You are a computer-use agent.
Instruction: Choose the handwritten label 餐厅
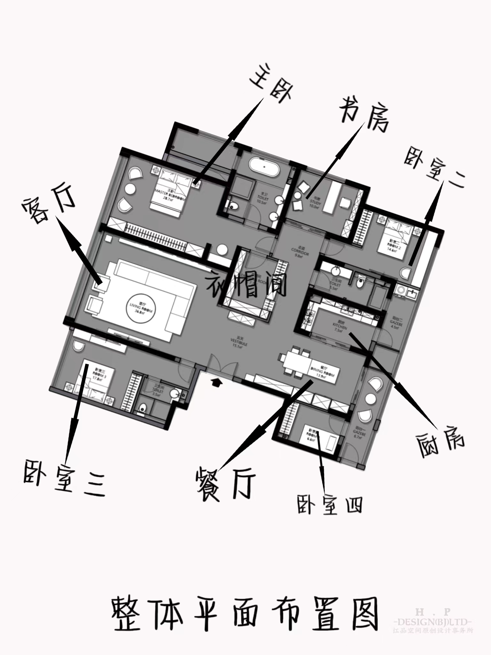pos(226,483)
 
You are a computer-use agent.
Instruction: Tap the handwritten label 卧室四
pos(329,505)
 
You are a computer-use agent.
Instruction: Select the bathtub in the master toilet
pos(264,167)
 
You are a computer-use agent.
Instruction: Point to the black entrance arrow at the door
pos(216,382)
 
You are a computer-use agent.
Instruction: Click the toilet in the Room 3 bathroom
pos(143,408)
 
